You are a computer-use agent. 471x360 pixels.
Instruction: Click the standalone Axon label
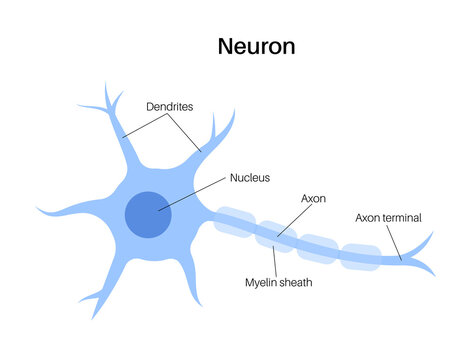[x=314, y=199]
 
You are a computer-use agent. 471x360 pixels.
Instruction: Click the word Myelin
[x=262, y=283]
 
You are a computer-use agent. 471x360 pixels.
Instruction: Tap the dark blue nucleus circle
[x=148, y=214]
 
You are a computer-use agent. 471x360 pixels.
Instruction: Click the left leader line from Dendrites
[x=144, y=124]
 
